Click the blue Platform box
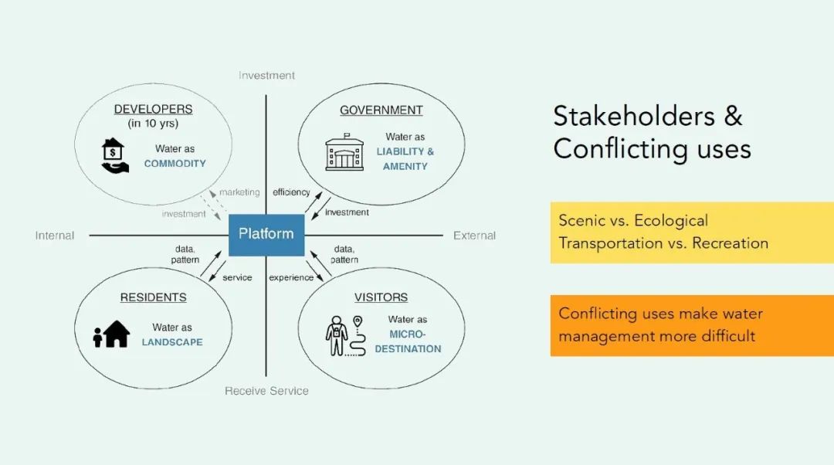click(266, 235)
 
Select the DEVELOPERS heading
click(153, 109)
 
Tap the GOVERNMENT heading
click(381, 110)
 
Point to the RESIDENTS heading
click(153, 297)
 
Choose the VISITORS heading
click(381, 297)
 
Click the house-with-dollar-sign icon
click(114, 155)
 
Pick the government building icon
click(344, 152)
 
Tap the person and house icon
click(112, 334)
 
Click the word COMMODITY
click(175, 163)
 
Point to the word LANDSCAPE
click(172, 342)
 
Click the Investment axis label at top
click(266, 76)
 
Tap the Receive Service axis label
click(266, 391)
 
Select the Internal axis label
click(55, 236)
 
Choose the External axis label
click(474, 236)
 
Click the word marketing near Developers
click(239, 192)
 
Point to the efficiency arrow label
click(291, 192)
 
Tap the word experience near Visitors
click(291, 278)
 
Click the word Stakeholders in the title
click(634, 116)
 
